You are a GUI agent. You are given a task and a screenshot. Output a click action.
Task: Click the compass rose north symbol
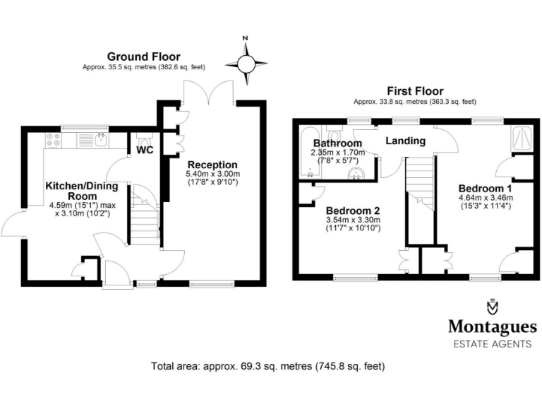click(x=246, y=63)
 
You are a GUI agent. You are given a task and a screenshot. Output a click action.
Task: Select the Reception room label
click(x=211, y=165)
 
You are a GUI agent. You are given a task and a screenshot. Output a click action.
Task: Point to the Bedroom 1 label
click(x=485, y=189)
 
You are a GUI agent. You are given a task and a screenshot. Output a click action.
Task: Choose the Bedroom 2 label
click(x=353, y=210)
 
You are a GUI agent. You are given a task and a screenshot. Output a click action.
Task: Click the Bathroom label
click(x=337, y=143)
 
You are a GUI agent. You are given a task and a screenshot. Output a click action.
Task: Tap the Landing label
click(x=405, y=141)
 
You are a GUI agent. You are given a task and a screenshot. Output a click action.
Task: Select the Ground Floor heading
click(x=143, y=57)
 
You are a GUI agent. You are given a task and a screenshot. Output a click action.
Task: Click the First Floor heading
click(x=414, y=91)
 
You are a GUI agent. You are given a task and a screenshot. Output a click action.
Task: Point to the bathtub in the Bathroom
click(x=310, y=152)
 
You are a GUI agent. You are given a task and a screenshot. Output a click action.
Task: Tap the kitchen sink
click(x=99, y=138)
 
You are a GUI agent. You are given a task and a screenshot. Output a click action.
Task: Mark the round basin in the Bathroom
click(x=354, y=172)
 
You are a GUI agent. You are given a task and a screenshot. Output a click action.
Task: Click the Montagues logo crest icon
click(x=492, y=307)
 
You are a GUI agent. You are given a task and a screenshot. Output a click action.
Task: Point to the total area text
click(x=267, y=367)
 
